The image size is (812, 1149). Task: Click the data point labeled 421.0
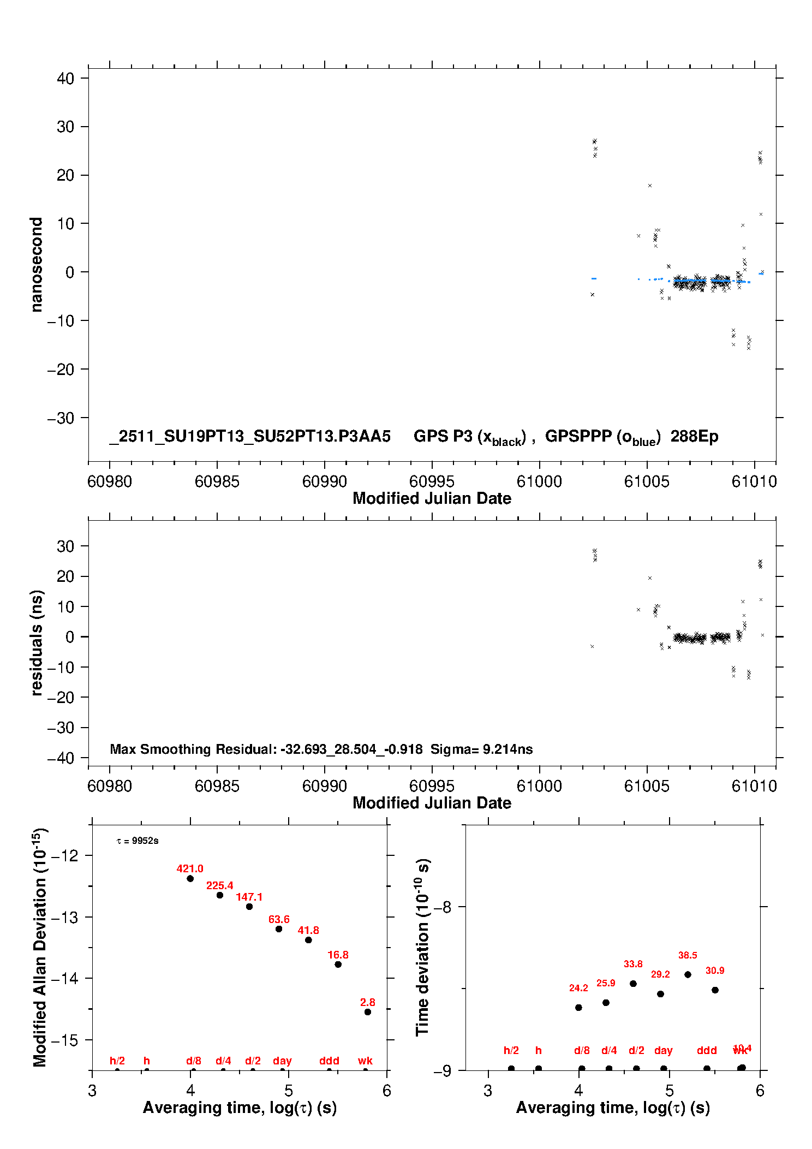190,878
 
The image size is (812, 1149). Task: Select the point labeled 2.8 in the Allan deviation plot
368,1011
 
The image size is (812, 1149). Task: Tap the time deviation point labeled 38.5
688,974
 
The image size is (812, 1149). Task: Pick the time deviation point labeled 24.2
578,1007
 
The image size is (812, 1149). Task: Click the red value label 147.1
249,897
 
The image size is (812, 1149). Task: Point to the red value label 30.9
715,970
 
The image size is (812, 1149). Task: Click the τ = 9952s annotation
138,841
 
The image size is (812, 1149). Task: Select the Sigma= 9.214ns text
481,749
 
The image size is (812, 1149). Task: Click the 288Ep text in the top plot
694,436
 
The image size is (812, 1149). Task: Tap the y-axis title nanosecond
36,265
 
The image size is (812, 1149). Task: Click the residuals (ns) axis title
36,642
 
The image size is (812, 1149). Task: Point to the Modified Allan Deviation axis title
39,948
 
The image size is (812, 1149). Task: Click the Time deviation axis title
422,948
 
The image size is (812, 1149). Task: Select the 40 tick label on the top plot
65,79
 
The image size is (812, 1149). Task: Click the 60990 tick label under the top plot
324,481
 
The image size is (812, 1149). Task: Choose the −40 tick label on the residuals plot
61,758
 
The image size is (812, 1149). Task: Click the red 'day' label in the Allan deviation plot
282,1061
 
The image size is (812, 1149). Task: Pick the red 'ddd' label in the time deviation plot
707,1050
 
